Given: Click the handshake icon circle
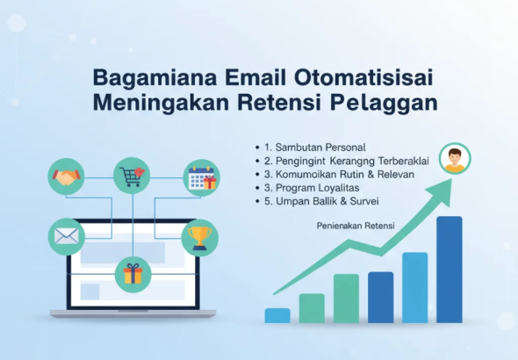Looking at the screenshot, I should point(66,177).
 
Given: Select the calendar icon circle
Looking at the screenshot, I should point(201,178).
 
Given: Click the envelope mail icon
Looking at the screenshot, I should point(66,236).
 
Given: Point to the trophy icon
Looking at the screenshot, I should point(199,236).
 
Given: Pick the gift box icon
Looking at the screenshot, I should point(133,274).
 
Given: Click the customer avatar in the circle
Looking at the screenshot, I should point(454,160).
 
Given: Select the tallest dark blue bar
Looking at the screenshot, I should point(449,269).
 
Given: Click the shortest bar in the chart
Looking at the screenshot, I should point(277,315).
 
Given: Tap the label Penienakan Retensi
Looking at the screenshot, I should point(356,226).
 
